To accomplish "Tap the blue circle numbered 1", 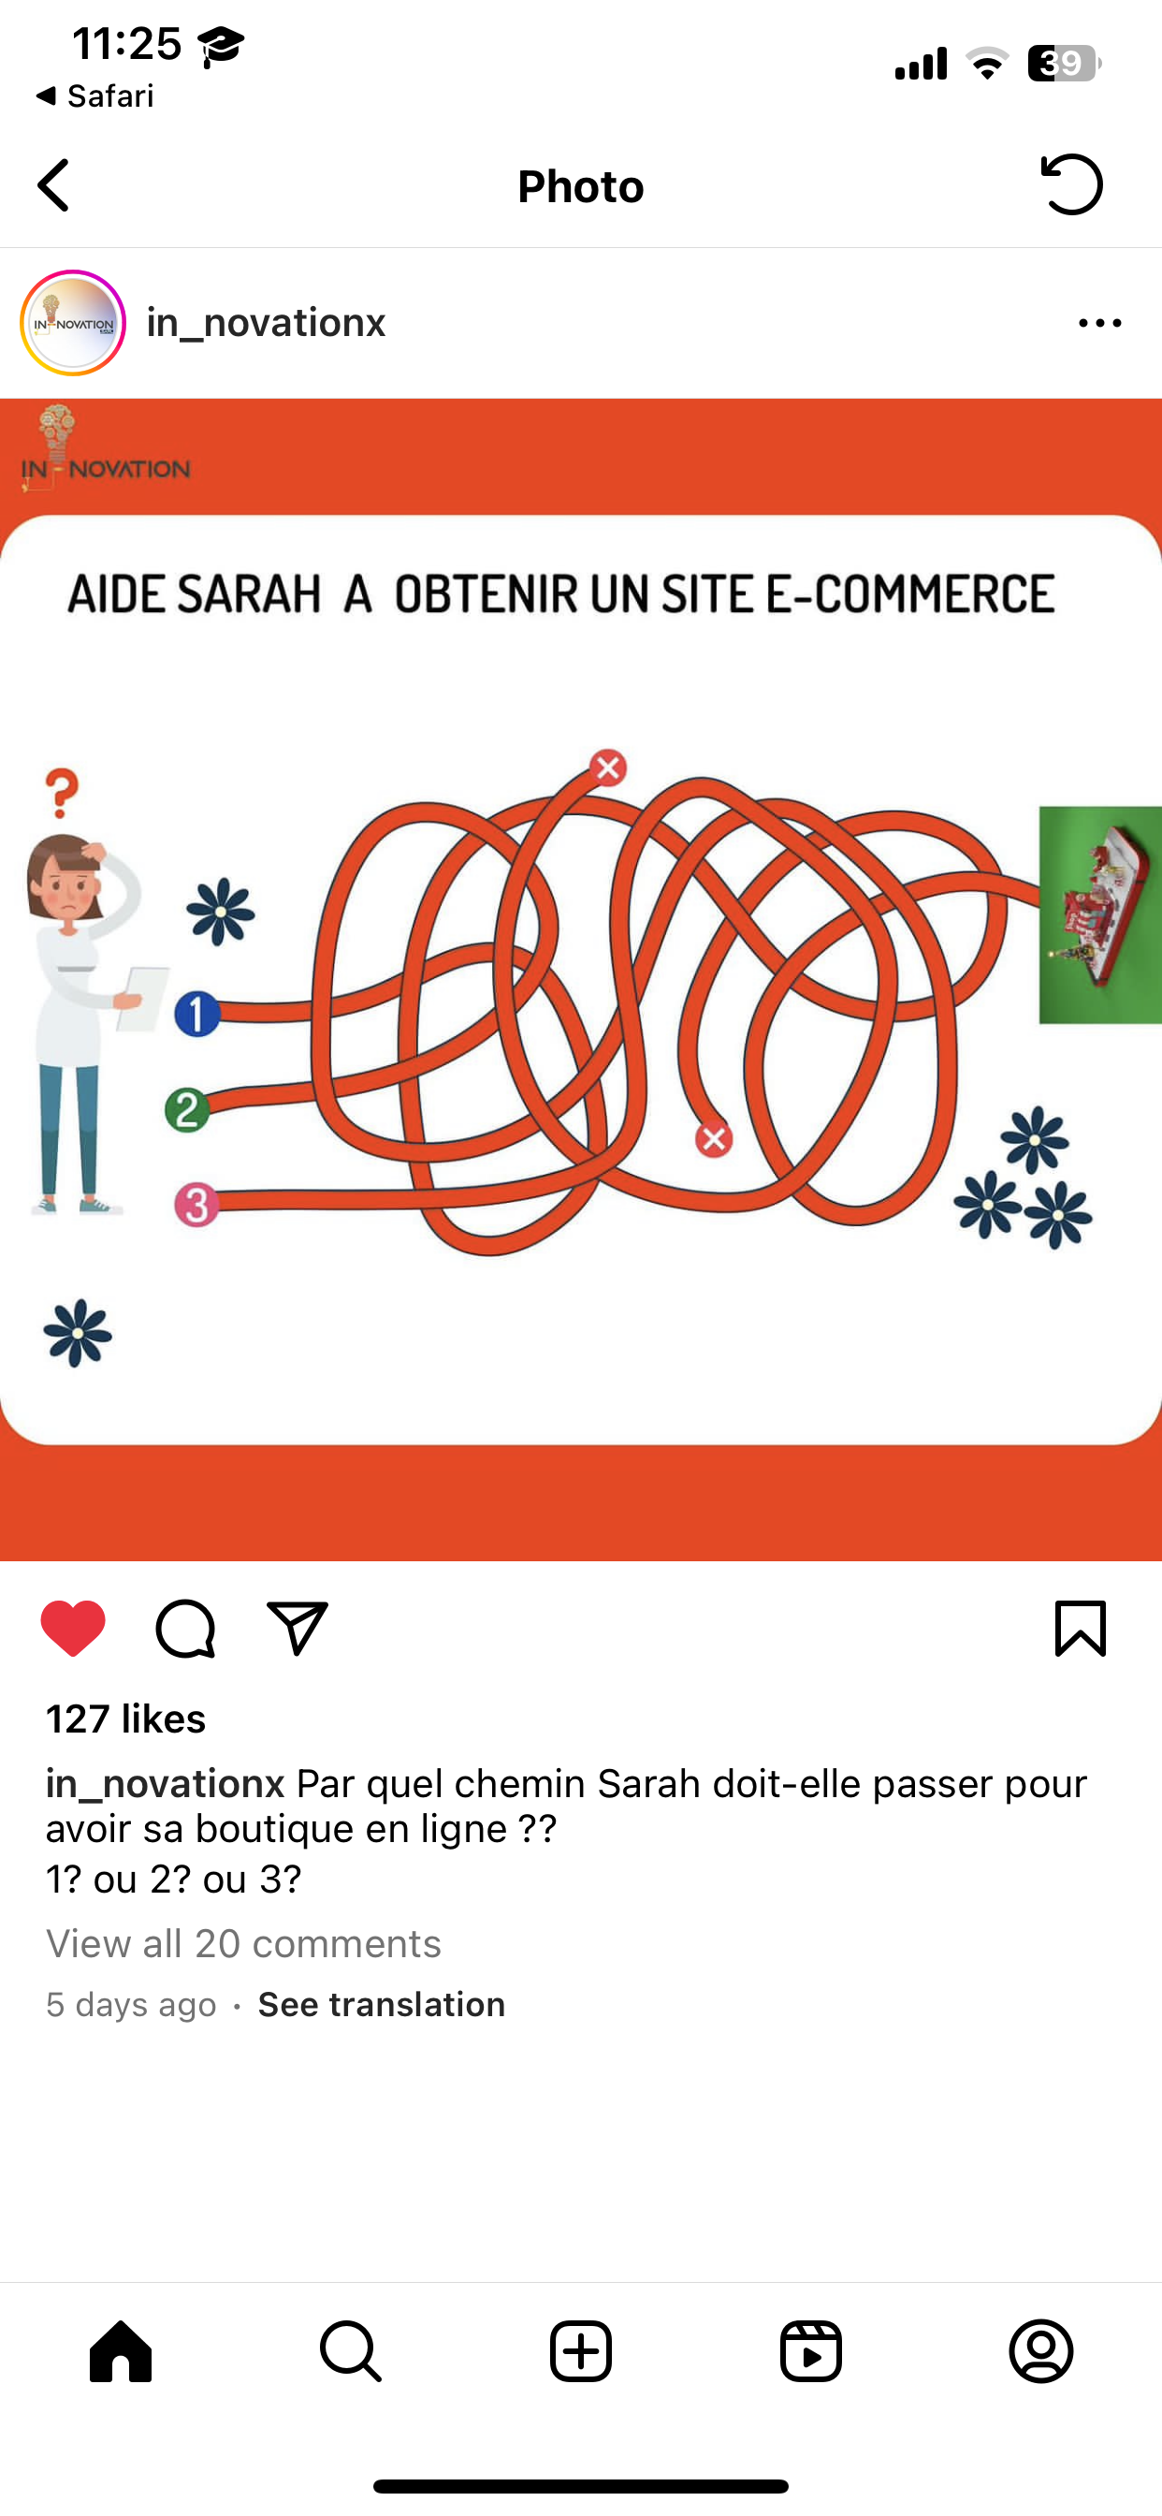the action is pos(197,1014).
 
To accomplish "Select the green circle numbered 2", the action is pos(187,1110).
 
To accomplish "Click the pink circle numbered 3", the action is pos(196,1205).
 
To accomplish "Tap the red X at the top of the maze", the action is pos(608,768).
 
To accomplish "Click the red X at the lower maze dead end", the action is pos(714,1139).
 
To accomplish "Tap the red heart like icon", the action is pos(73,1628).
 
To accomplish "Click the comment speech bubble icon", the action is pos(185,1628).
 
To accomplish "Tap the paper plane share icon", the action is pos(298,1627).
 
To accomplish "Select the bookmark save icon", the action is pos(1080,1628).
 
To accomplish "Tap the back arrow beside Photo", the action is pos(53,185).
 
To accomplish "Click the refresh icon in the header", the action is pos(1072,184).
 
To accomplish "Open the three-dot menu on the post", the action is pos(1100,323).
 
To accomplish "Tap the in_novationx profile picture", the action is pos(73,323).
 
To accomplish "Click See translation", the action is pos(382,2004).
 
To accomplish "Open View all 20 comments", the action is pos(243,1944).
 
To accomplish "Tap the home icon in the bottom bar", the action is pos(121,2351).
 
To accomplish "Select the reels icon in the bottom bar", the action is pos(811,2351).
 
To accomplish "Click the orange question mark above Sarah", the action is pos(62,792).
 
